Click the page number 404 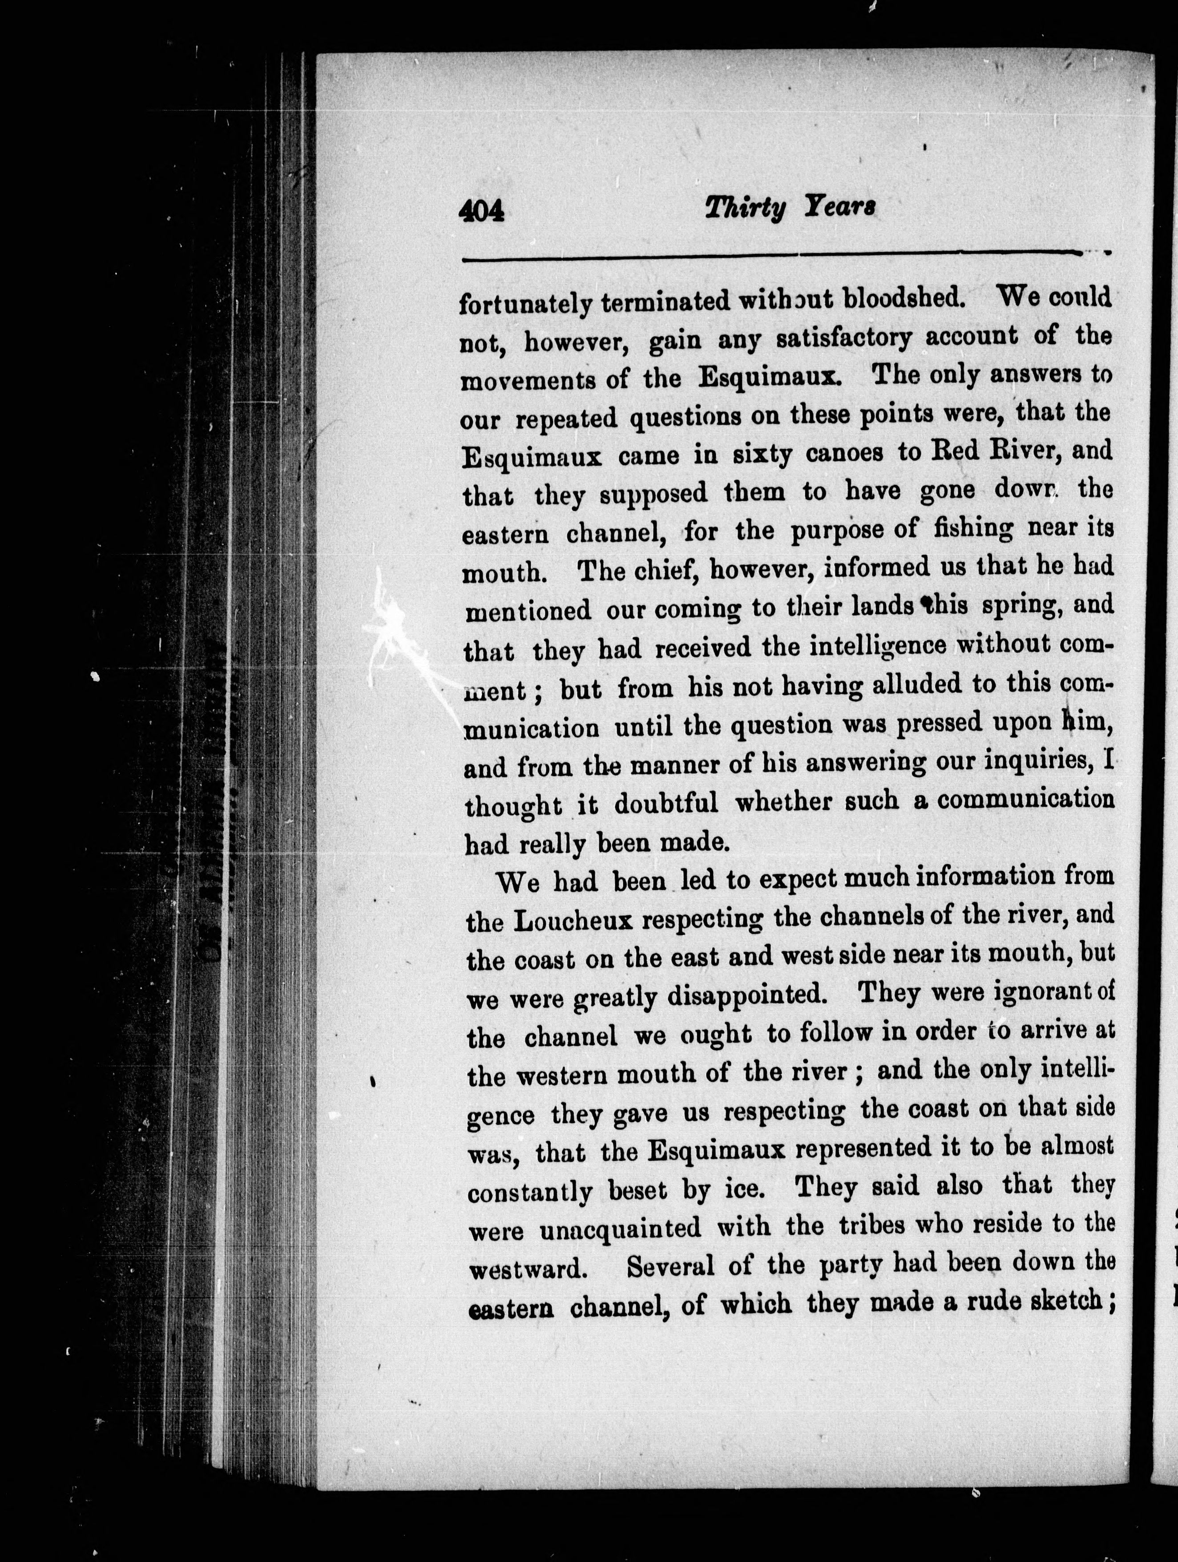[x=482, y=210]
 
